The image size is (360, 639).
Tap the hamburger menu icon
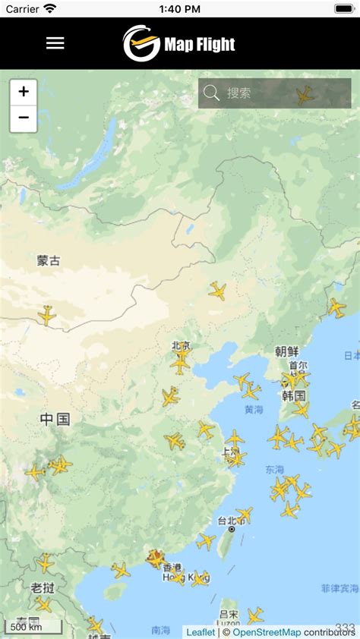pos(55,43)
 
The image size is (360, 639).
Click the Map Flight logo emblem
pos(141,43)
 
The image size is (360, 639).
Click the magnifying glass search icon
pos(212,93)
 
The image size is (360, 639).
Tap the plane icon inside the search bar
pos(305,94)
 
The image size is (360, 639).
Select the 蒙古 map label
pos(48,260)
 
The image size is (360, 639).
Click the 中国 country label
pos(55,419)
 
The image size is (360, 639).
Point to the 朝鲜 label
pos(286,351)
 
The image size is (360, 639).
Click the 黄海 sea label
pos(254,410)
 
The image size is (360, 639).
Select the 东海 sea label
pos(274,470)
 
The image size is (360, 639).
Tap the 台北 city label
pos(230,521)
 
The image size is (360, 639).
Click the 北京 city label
pos(181,346)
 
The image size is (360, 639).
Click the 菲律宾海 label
pos(339,588)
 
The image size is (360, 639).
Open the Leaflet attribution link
pos(201,631)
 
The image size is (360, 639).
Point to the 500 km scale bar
pos(26,627)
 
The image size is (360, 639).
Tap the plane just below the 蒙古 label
pos(47,315)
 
